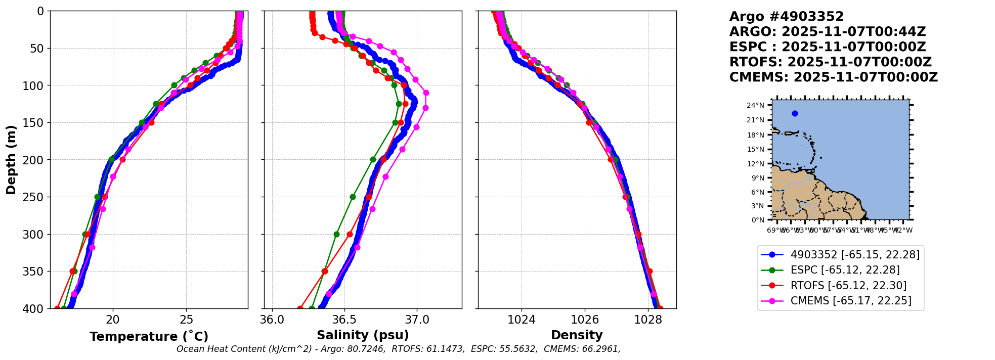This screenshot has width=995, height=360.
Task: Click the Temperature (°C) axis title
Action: [149, 337]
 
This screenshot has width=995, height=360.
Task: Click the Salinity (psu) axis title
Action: [363, 335]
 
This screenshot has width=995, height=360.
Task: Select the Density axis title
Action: [577, 335]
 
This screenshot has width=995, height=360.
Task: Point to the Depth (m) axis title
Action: [11, 159]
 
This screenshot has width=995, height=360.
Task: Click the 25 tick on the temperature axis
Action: [186, 320]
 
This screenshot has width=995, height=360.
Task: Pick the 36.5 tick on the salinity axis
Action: [344, 320]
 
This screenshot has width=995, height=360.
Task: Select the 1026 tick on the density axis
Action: [585, 320]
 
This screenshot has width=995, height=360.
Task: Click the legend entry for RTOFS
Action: [848, 286]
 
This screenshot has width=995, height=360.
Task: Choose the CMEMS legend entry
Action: [851, 301]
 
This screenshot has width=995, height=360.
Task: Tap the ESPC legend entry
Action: [845, 270]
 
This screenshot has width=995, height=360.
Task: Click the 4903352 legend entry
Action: [855, 255]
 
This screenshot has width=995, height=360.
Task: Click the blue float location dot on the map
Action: [795, 113]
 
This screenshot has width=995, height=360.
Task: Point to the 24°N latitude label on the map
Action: [756, 106]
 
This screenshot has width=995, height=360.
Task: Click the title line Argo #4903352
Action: [786, 17]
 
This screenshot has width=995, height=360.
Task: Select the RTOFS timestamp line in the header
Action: [830, 62]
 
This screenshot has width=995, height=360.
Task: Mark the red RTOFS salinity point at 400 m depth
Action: [300, 308]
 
